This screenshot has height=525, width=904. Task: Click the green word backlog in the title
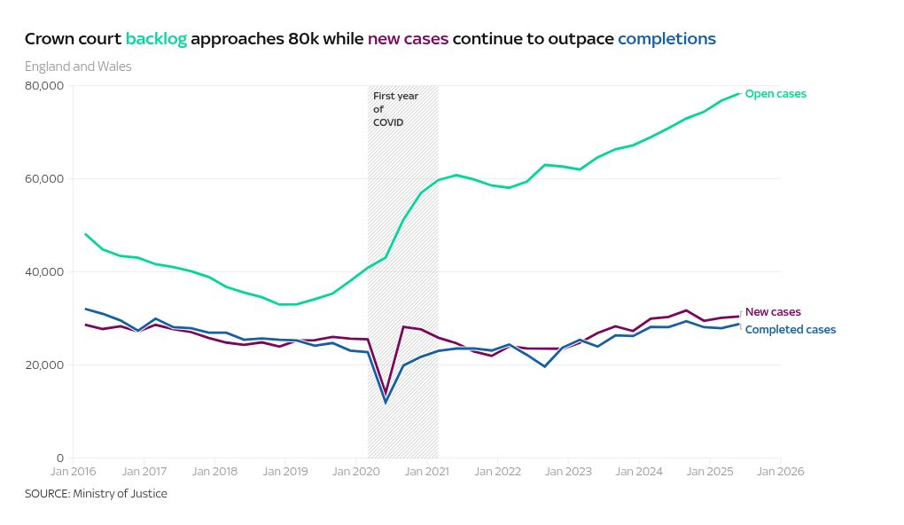coord(156,39)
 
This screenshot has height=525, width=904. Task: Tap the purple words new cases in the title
coord(408,39)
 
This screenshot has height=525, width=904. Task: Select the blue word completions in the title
coord(666,39)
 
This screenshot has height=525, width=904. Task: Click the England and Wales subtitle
coord(78,67)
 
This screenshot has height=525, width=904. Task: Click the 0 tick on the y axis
coord(61,458)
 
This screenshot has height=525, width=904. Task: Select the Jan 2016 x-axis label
coord(73,472)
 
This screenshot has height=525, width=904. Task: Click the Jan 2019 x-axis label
coord(284,472)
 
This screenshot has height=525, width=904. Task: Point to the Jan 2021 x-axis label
coord(426,472)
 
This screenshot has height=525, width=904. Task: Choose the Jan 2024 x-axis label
coord(638,472)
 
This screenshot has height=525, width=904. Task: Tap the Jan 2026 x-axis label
coord(780,472)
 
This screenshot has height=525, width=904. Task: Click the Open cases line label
coord(775,94)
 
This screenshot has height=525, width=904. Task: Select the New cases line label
coord(773,312)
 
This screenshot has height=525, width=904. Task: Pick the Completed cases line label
coord(790,330)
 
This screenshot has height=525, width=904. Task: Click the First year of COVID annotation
coord(394,109)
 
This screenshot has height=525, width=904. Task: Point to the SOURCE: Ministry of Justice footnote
coord(96,494)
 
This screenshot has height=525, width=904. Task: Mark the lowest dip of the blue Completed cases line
coord(386,403)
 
